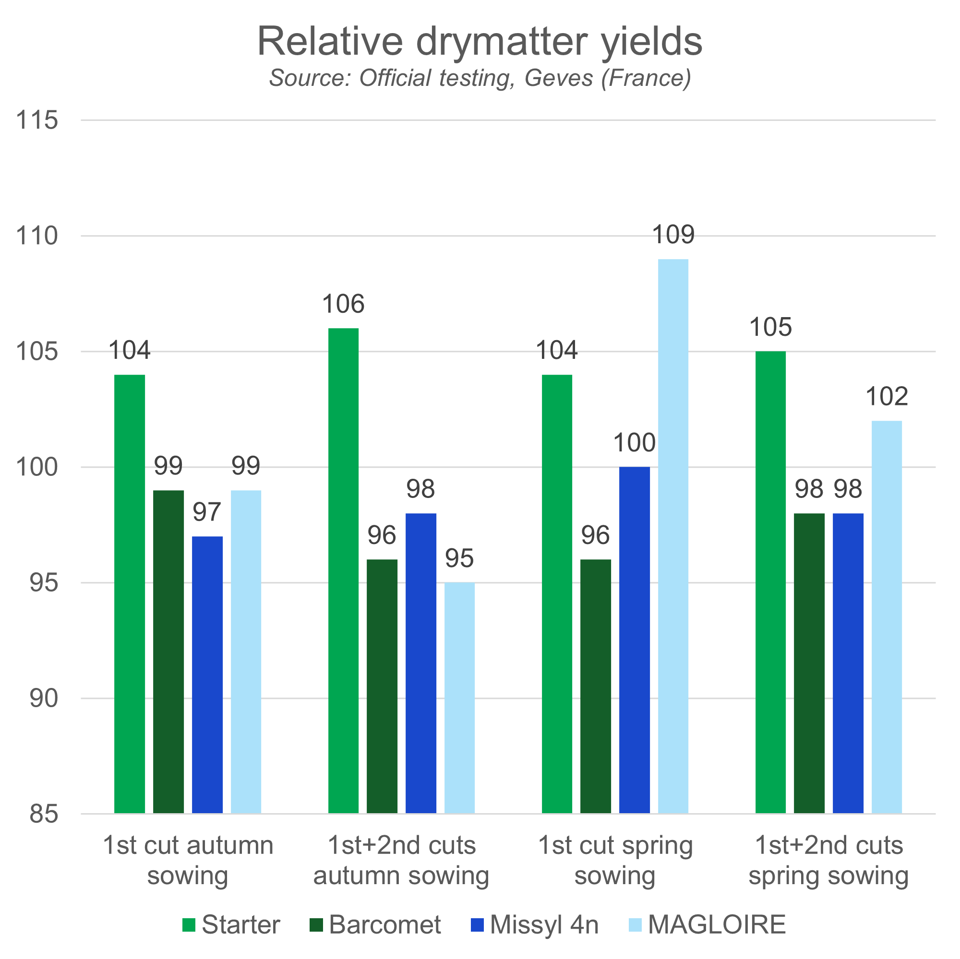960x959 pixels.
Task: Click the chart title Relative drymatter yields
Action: point(480,42)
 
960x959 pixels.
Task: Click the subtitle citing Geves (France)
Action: point(480,78)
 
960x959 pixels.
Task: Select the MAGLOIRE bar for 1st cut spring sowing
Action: point(673,536)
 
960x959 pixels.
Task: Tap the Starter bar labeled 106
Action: point(343,570)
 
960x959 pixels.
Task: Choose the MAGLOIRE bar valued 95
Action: point(460,698)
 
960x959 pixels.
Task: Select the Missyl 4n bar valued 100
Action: point(635,640)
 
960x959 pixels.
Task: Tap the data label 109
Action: point(673,235)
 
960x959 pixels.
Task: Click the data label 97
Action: point(207,512)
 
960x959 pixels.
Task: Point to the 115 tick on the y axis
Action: point(37,120)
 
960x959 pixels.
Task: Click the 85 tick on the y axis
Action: point(44,815)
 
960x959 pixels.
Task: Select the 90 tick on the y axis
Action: point(44,699)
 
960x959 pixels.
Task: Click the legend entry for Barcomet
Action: point(375,925)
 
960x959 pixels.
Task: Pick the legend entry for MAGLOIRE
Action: point(707,925)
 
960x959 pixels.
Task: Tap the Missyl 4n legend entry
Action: point(535,925)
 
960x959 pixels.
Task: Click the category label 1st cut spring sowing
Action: point(615,861)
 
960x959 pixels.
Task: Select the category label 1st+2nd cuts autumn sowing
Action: point(401,861)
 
